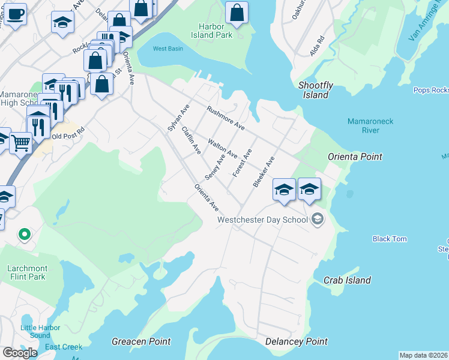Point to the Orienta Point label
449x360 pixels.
[x=355, y=157]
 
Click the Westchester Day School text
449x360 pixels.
[x=262, y=220]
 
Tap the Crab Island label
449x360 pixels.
[x=347, y=280]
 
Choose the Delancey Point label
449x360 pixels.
[x=297, y=341]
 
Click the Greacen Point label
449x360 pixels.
[x=136, y=341]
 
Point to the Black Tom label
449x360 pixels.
[x=390, y=239]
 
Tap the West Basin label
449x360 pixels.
[x=167, y=49]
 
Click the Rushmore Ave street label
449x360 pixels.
[x=226, y=118]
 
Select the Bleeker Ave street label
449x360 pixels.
[x=264, y=172]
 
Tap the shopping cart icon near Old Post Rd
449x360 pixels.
[x=20, y=143]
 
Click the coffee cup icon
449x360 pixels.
[x=15, y=12]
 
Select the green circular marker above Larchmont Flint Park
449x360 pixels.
[x=25, y=234]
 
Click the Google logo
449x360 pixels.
[x=20, y=353]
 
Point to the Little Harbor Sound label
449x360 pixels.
[x=36, y=331]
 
